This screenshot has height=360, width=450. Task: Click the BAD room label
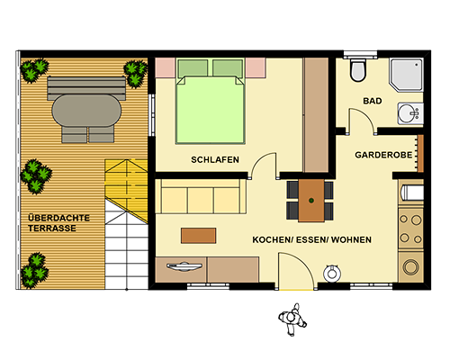click(x=373, y=101)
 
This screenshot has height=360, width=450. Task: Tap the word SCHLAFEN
click(x=215, y=159)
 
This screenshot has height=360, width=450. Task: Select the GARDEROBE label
click(x=383, y=155)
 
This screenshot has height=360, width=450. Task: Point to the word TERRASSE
click(x=52, y=229)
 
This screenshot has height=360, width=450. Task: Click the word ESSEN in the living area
click(x=311, y=239)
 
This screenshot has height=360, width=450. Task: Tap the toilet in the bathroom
click(x=358, y=70)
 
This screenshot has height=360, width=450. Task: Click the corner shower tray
click(x=407, y=75)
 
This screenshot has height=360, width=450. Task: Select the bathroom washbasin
click(x=410, y=113)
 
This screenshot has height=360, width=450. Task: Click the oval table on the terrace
click(x=86, y=111)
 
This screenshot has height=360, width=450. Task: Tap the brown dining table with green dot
click(x=311, y=201)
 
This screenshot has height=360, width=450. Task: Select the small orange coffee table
click(x=199, y=236)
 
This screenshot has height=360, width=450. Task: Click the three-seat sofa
click(x=201, y=196)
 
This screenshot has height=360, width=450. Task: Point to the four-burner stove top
click(x=410, y=229)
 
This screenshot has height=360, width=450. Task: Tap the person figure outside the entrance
click(x=292, y=319)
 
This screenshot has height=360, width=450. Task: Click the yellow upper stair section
click(x=126, y=186)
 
